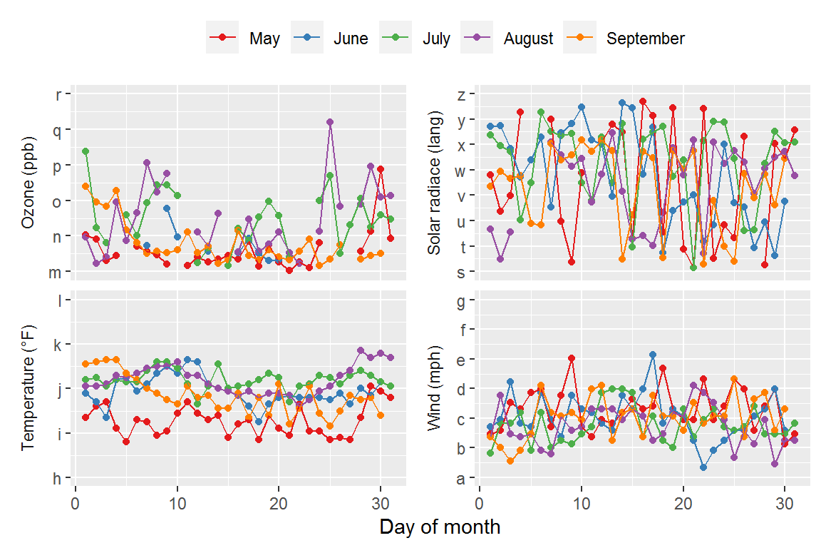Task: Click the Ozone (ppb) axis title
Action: click(x=29, y=183)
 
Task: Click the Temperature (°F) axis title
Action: click(x=29, y=390)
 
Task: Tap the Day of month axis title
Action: click(x=440, y=527)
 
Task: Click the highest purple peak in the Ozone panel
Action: click(x=330, y=122)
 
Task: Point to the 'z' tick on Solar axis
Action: click(x=461, y=95)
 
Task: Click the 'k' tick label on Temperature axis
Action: click(x=58, y=345)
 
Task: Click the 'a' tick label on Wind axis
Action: click(x=461, y=478)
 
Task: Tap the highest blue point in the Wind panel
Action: click(x=653, y=355)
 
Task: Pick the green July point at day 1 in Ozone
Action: click(x=86, y=151)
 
